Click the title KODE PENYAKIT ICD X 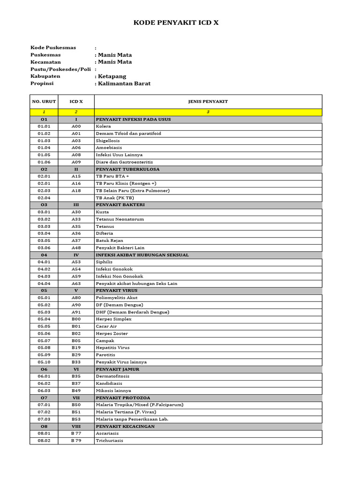176,22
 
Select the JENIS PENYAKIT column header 208,101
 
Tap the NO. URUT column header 44,101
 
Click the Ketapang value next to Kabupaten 112,76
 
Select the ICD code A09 76,162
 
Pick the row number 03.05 44,240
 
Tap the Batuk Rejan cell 109,240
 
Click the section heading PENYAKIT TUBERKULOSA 127,169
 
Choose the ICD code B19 76,348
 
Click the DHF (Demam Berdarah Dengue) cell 132,312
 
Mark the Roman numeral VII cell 76,397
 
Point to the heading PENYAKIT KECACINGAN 125,427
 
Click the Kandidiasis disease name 109,383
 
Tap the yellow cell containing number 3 208,112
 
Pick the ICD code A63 76,284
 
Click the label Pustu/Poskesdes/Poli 60,69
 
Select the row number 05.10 44,362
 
